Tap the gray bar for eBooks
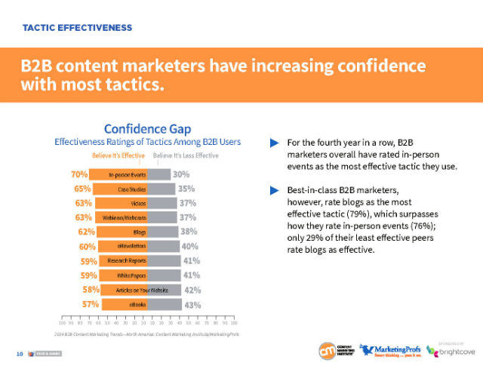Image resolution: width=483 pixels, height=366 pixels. click(164, 305)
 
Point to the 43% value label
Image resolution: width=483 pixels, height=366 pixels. click(192, 305)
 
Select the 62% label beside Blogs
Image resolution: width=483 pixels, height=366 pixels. click(85, 232)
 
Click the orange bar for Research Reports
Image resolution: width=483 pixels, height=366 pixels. click(125, 261)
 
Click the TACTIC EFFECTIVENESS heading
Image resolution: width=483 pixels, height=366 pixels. click(78, 28)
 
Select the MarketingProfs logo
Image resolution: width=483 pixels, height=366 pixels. click(388, 349)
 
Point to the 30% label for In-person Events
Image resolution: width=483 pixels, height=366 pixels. click(181, 174)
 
